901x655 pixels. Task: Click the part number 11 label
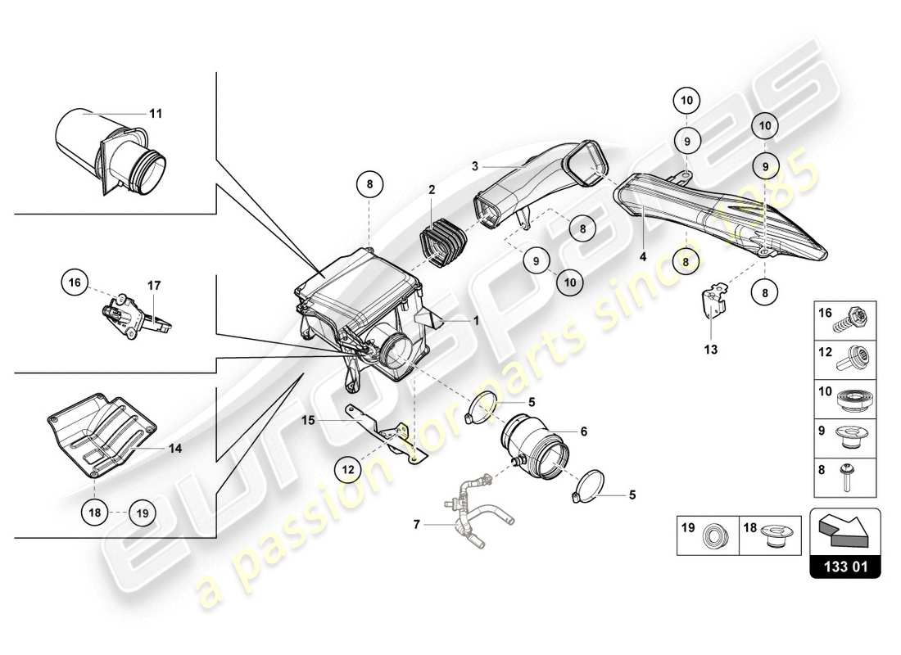(156, 114)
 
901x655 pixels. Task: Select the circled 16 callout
(75, 283)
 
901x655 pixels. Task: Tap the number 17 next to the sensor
(154, 286)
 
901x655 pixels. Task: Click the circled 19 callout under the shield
(142, 514)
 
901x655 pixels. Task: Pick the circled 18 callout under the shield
(95, 513)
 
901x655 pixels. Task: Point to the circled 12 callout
(349, 469)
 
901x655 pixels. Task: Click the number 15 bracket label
(307, 420)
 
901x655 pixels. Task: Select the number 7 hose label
(417, 523)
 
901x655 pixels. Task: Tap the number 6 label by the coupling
(583, 430)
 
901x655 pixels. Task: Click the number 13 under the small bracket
(709, 349)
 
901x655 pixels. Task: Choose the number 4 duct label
(643, 256)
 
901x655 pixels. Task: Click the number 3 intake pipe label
(473, 165)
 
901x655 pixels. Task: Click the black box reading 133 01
(844, 565)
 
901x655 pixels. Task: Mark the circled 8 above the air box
(369, 185)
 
